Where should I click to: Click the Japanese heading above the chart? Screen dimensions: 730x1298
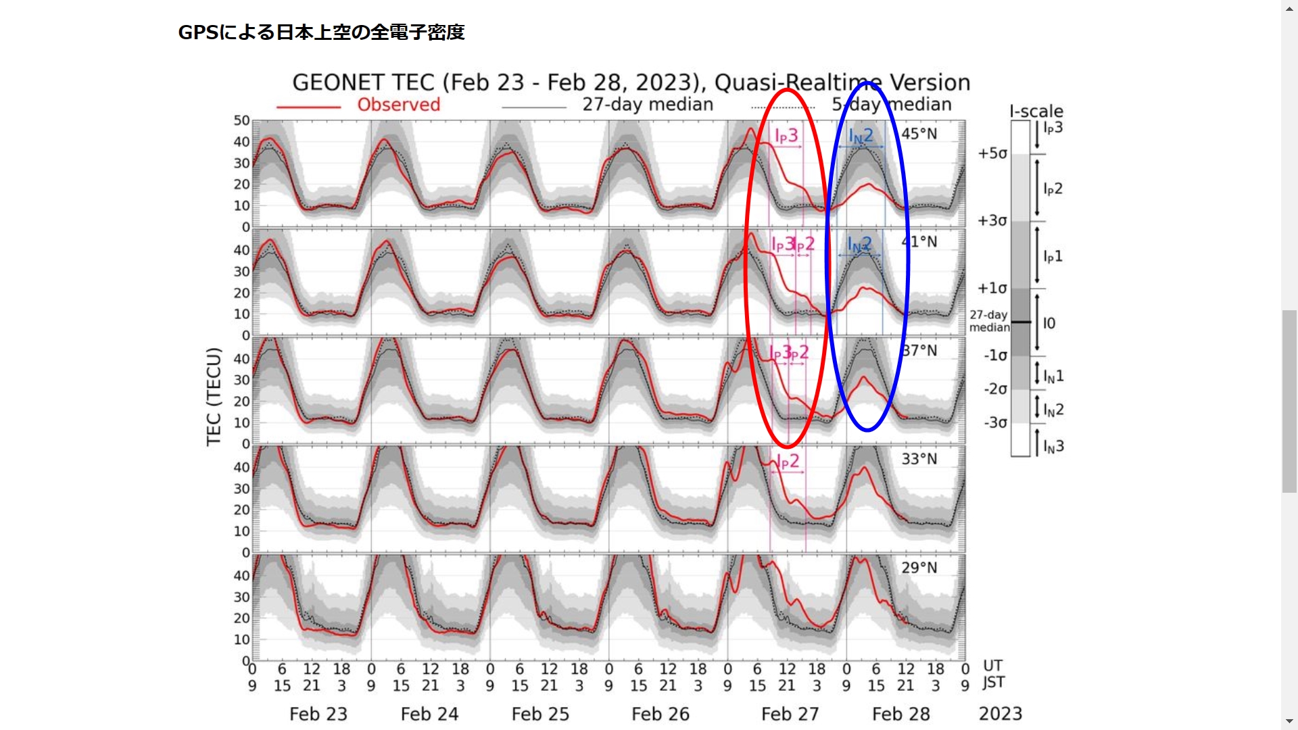321,32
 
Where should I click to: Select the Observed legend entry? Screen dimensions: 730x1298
398,105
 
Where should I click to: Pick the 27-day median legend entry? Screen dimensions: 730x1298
647,105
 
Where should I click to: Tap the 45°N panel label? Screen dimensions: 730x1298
919,134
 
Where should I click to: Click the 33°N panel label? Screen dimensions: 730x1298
919,459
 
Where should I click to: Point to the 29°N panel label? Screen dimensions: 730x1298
919,568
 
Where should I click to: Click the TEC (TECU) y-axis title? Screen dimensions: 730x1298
214,397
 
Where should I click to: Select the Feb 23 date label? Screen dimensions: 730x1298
318,714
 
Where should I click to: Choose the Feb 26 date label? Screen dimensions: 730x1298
660,714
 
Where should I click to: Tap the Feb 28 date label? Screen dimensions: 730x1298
900,714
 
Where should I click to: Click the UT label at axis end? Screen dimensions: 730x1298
992,666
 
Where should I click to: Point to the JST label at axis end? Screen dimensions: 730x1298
993,683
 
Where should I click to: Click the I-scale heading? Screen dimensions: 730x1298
1036,112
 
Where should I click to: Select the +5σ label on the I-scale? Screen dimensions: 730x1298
992,153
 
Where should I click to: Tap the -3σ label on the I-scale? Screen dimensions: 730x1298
995,423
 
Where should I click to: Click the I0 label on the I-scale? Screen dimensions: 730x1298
1049,323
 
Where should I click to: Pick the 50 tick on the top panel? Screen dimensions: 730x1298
241,120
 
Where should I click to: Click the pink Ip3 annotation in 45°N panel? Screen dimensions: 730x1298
786,136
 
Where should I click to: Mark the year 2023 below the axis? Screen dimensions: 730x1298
1000,714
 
